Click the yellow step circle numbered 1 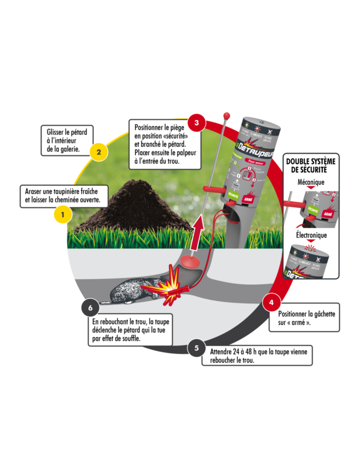(x=63, y=215)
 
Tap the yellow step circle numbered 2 (x=99, y=152)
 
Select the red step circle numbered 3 (x=196, y=123)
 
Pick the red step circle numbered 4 (x=271, y=302)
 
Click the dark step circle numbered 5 (x=196, y=348)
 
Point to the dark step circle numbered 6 (x=90, y=308)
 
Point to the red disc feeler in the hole (x=190, y=261)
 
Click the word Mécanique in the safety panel (x=311, y=182)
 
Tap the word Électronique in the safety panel (x=311, y=235)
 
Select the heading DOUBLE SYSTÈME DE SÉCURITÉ (x=311, y=165)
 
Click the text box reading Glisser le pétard (x=67, y=141)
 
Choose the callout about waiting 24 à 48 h (x=257, y=356)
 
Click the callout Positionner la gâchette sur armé (x=304, y=318)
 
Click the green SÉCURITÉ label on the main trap (x=233, y=195)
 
